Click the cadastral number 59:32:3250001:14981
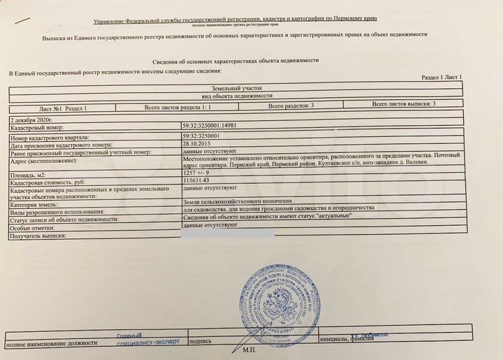coord(210,127)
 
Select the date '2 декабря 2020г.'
coord(31,120)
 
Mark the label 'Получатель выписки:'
coord(38,236)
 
